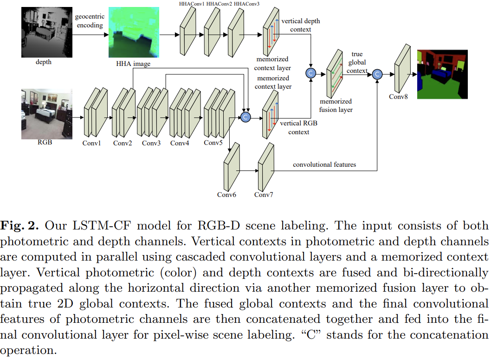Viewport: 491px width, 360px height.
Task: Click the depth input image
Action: (x=47, y=32)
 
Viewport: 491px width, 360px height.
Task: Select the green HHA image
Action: (x=134, y=32)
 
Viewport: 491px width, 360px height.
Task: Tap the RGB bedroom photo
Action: (x=47, y=114)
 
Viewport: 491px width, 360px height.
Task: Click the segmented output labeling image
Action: (x=442, y=74)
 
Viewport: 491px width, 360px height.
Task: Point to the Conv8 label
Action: (x=398, y=97)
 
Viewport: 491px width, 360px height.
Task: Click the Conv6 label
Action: (x=226, y=195)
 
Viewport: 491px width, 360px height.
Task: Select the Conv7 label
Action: (x=264, y=195)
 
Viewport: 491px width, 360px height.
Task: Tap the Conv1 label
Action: (x=91, y=143)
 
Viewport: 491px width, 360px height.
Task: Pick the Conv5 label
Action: (x=213, y=143)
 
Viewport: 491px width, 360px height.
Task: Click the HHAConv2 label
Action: (x=219, y=4)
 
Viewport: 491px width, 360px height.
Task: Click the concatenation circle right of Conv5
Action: (x=245, y=117)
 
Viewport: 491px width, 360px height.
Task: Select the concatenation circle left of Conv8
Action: (x=377, y=74)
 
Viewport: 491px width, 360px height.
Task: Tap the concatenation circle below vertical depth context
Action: (x=310, y=73)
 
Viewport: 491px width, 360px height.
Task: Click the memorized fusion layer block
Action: (x=335, y=74)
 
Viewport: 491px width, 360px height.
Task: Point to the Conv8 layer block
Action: (x=402, y=68)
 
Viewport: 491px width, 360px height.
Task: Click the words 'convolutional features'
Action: (x=324, y=164)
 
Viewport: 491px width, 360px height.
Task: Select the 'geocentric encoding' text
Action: (x=90, y=21)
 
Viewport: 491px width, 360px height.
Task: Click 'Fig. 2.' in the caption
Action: (x=19, y=226)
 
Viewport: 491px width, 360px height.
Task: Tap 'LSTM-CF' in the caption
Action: (x=102, y=226)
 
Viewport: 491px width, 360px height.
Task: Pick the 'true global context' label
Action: (x=357, y=62)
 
